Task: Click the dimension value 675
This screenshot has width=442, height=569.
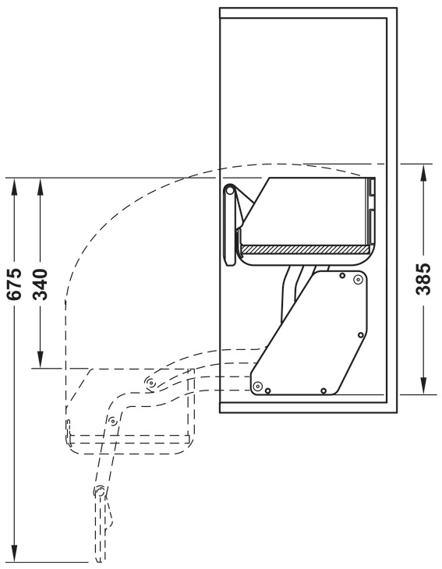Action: click(x=15, y=284)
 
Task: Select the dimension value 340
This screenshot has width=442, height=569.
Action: click(x=40, y=284)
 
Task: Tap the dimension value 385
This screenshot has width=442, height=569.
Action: click(x=423, y=279)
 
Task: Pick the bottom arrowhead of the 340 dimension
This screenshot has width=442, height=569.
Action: click(x=41, y=359)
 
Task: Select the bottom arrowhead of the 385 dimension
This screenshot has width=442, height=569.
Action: click(x=423, y=385)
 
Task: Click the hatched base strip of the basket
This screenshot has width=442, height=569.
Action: click(x=305, y=249)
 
